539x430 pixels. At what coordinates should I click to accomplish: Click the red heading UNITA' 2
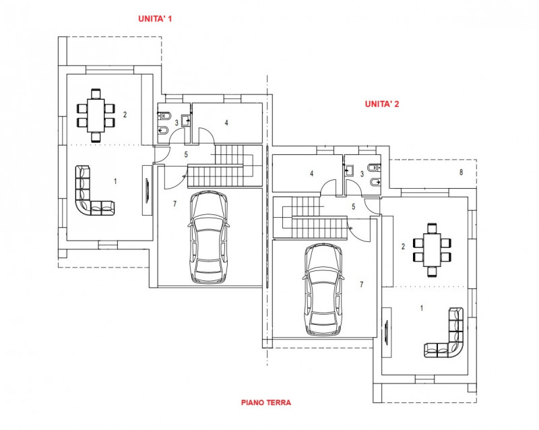382,104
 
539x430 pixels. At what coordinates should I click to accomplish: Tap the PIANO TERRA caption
266,402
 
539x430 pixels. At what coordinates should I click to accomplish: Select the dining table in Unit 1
96,115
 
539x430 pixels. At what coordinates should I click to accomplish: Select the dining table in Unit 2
432,247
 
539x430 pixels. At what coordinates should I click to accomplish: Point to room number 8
461,173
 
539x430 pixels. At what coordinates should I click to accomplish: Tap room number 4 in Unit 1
226,123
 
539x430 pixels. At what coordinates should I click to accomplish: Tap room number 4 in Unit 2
311,173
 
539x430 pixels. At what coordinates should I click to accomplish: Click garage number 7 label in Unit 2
361,284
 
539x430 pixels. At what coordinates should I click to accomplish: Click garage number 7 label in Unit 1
174,204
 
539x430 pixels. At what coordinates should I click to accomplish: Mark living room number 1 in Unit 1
115,181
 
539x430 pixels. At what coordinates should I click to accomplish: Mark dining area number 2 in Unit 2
403,247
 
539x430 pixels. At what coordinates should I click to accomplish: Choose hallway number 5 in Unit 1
185,154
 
